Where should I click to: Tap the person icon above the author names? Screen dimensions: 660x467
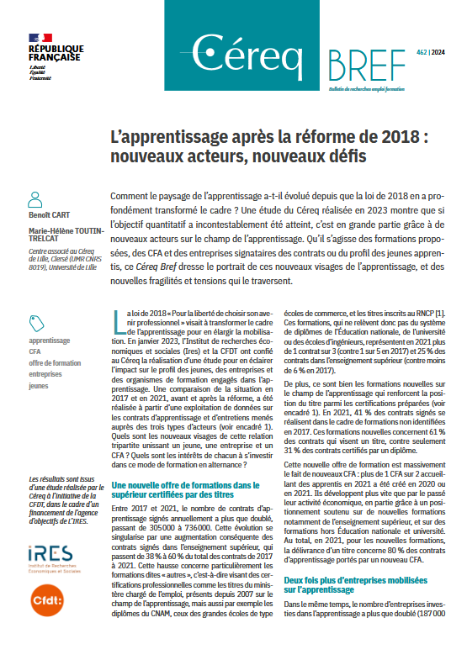[35, 198]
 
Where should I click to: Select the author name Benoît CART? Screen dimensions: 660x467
[49, 215]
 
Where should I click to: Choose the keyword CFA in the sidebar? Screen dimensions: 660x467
[35, 352]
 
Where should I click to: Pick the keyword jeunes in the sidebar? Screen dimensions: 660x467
[39, 385]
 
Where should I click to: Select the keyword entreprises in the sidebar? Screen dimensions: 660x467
[45, 374]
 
